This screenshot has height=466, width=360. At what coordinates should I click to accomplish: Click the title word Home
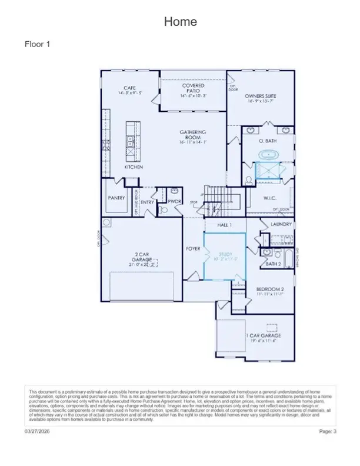(180, 22)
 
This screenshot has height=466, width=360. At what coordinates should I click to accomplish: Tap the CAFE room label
(129, 88)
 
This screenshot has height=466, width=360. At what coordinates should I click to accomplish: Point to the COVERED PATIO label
(193, 89)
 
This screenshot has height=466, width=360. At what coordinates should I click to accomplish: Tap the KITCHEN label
(134, 167)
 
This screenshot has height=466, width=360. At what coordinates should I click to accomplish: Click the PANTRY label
(116, 198)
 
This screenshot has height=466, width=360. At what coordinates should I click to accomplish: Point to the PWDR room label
(174, 201)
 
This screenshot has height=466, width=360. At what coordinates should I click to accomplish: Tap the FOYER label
(193, 249)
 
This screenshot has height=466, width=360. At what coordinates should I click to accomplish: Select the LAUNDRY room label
(281, 224)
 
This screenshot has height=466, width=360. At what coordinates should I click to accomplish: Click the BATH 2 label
(273, 264)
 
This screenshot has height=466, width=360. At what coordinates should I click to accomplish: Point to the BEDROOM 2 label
(270, 289)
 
